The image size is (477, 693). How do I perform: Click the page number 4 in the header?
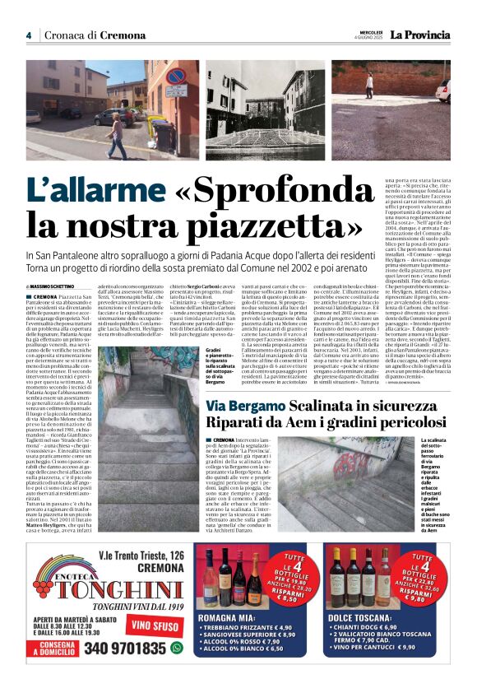[x=28, y=35]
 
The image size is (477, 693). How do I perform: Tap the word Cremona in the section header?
[x=122, y=35]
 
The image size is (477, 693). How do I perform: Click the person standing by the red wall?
[x=369, y=86]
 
